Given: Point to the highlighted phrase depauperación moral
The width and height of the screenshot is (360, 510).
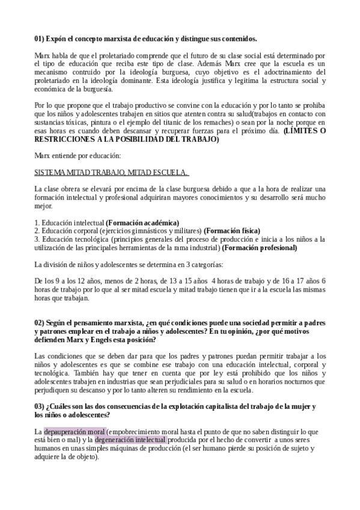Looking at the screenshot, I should pyautogui.click(x=75, y=431).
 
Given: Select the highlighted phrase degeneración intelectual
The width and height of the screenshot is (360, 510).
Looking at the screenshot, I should pyautogui.click(x=130, y=440).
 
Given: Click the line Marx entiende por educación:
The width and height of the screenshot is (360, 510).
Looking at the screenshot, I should pyautogui.click(x=78, y=156).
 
